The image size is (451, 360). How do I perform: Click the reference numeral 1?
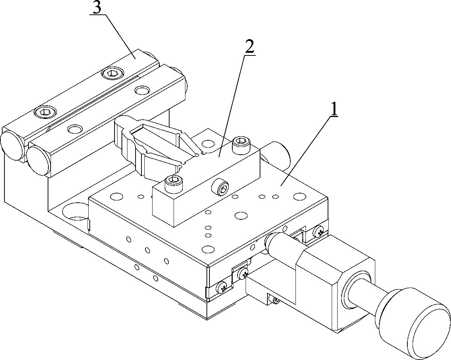coord(333,109)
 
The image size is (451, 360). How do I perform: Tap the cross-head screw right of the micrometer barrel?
coord(319,231)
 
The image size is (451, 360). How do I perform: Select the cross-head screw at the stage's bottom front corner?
coord(222,286)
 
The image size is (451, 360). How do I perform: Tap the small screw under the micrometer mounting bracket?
coord(275,301)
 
